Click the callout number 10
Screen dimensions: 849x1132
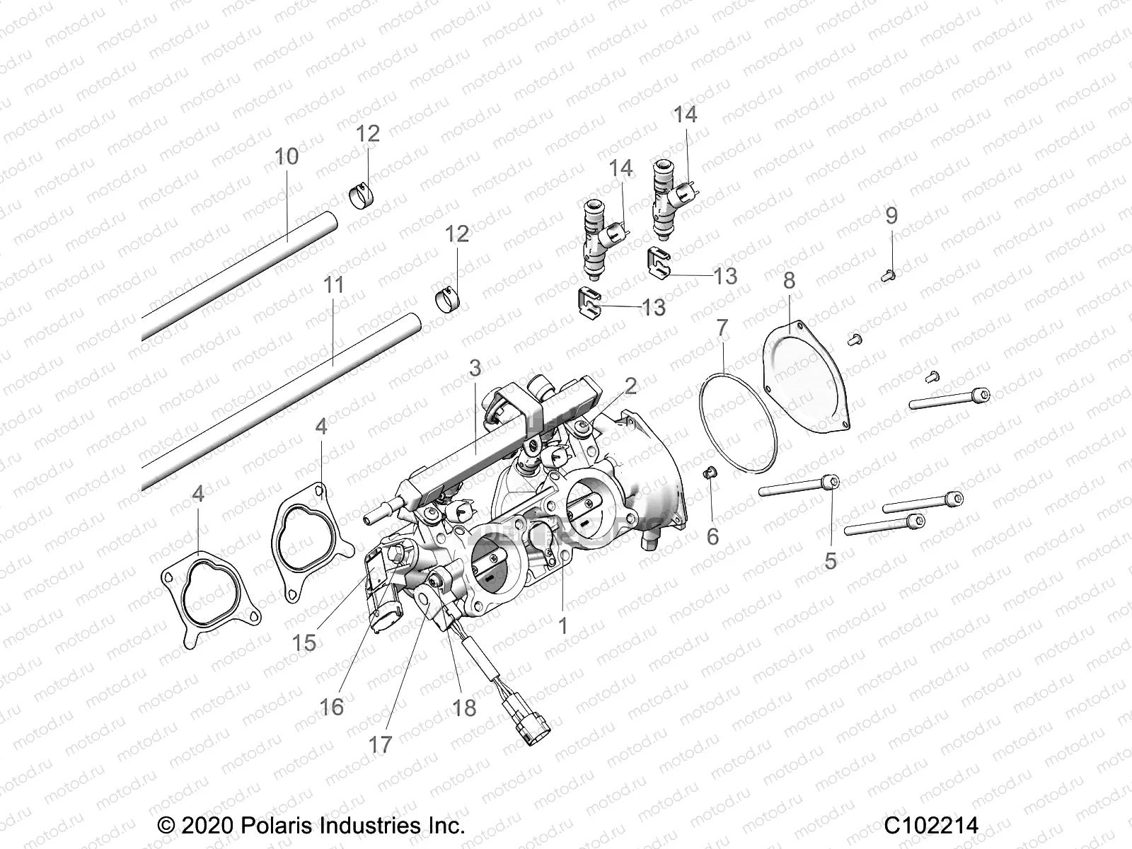pos(287,156)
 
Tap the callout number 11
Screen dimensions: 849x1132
pos(333,285)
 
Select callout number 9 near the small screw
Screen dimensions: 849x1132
pos(891,215)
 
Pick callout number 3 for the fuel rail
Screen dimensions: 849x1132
pos(475,368)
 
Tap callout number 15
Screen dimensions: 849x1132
pos(305,642)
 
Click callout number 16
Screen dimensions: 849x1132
pos(331,706)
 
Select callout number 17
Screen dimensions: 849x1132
pos(380,744)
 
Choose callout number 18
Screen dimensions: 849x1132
pos(464,707)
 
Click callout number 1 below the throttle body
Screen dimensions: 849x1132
pos(563,626)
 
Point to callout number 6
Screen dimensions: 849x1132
pos(712,536)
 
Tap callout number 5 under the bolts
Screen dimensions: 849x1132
pos(831,560)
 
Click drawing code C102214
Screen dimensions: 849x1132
pos(930,826)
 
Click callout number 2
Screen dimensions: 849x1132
pos(630,386)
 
